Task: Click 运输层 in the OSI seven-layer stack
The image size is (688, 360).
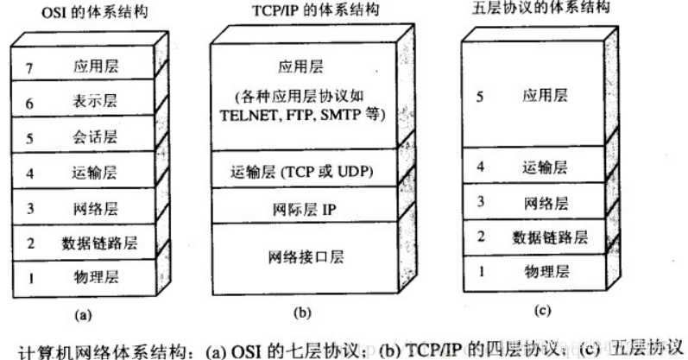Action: coord(90,173)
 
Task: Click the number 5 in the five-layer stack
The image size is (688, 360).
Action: coord(480,97)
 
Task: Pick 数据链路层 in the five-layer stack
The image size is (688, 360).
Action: coord(550,237)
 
